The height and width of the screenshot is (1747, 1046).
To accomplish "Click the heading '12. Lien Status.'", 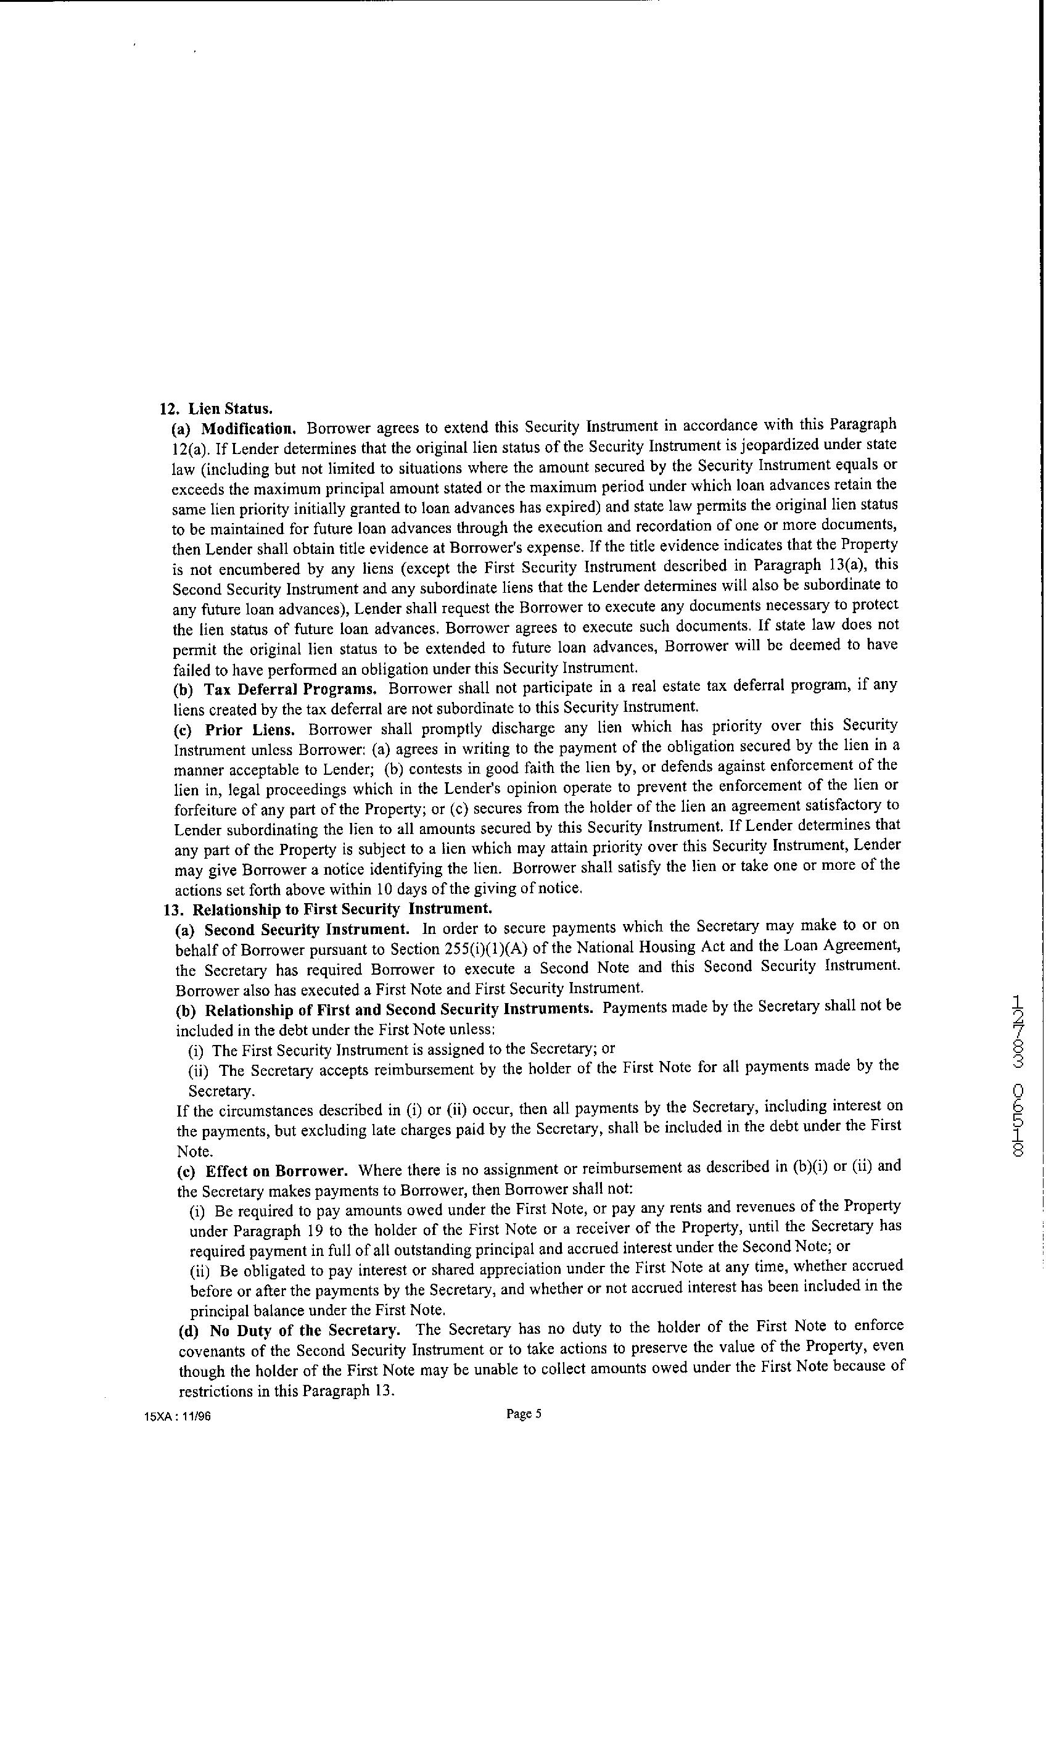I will tap(216, 409).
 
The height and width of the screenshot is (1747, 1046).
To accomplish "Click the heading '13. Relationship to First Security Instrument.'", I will tap(327, 909).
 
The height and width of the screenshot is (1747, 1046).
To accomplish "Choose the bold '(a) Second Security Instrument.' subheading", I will tap(291, 930).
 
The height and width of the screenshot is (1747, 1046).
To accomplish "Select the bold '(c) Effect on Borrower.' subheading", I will tap(262, 1171).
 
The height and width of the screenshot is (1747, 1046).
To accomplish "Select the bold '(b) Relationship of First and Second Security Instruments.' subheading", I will tap(384, 1009).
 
